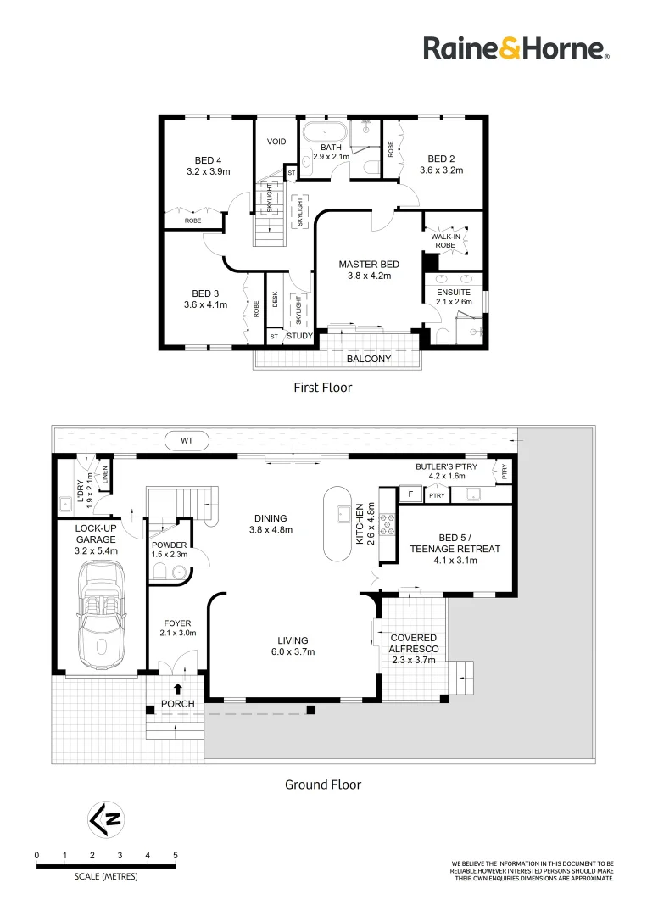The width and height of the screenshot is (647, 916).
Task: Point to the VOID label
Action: click(276, 142)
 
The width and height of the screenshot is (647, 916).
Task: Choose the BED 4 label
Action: click(208, 165)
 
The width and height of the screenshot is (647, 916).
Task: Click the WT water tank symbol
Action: click(187, 440)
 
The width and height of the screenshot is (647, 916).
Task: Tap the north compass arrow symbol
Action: click(105, 819)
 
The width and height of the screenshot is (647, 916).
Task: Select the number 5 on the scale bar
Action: click(176, 855)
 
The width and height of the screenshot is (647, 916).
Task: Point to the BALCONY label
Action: click(369, 359)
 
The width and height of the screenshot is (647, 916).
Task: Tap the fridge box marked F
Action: click(410, 494)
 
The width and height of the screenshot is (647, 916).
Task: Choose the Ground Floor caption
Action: click(322, 785)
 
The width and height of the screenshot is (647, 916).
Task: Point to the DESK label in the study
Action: click(275, 300)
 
